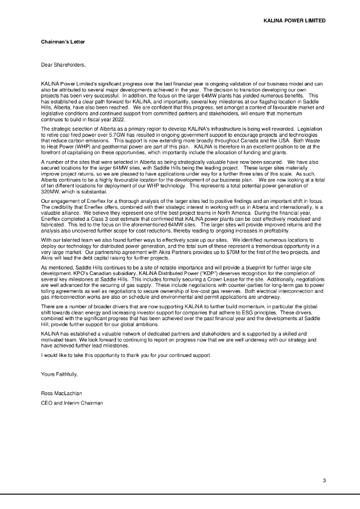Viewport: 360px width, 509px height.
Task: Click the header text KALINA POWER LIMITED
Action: (294, 21)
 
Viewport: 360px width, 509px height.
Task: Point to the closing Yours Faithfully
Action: (59, 374)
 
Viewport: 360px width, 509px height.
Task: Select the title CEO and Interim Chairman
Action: (72, 403)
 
